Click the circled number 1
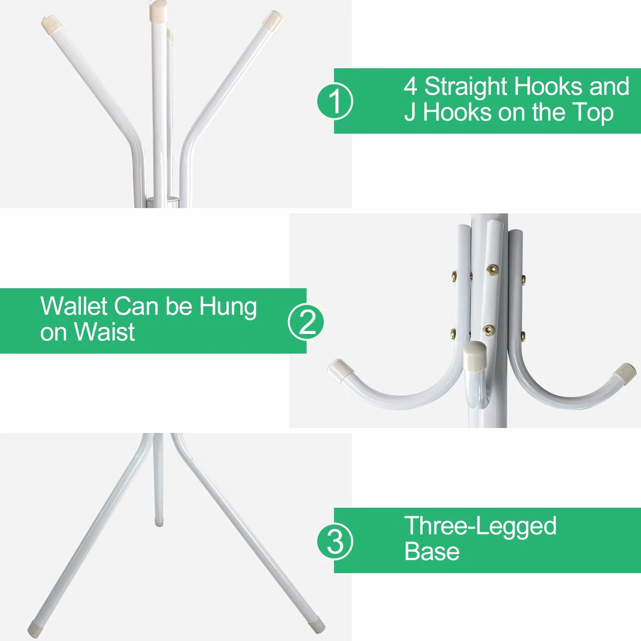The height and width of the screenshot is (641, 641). coord(335,101)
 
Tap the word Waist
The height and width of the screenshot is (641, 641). coord(105,332)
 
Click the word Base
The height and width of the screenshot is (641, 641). coord(432,551)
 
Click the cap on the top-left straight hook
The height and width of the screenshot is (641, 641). coord(52,24)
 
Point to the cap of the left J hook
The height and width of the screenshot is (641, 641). coord(340,368)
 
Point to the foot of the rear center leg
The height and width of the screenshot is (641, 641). coord(158,522)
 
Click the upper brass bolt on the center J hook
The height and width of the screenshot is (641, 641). coord(492,269)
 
